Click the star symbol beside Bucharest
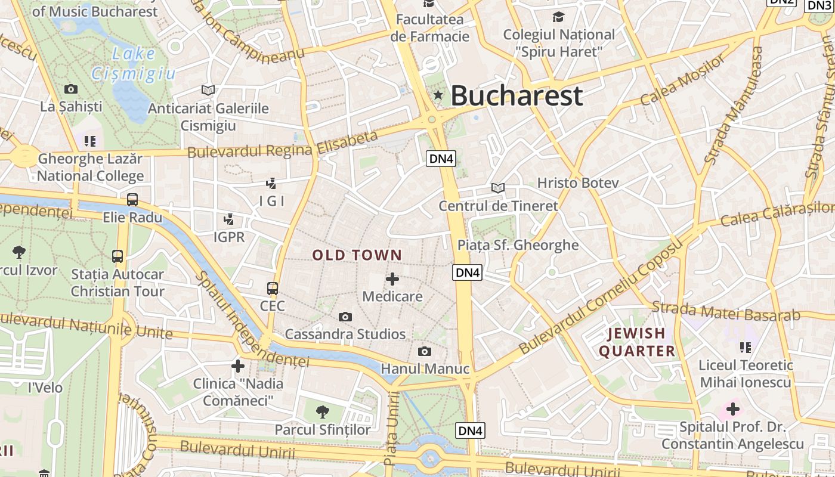coord(438,95)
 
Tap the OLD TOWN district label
coord(357,255)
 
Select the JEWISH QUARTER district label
coord(636,342)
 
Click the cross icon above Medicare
coord(392,278)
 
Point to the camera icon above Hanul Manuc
coord(425,351)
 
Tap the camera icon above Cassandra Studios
coord(345,317)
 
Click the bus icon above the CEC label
coord(273,289)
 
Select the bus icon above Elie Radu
coord(132,200)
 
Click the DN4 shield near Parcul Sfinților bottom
coord(470,430)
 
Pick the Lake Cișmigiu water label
coord(134,63)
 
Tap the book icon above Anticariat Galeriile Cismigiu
coord(208,90)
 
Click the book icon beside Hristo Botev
coord(498,188)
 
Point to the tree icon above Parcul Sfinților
coord(322,411)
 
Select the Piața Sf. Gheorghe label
coord(518,245)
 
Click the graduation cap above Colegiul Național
coord(558,17)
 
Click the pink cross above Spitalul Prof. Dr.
coord(733,409)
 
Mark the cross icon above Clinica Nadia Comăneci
coord(238,366)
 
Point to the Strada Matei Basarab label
coord(725,311)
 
